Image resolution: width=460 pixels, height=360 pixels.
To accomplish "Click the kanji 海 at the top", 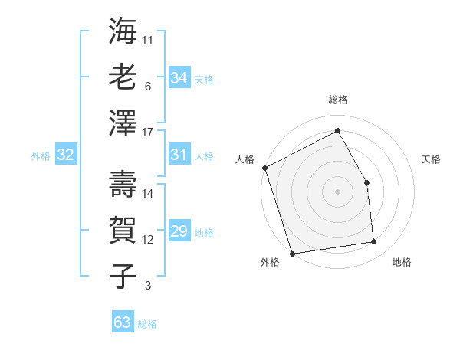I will pos(123,33).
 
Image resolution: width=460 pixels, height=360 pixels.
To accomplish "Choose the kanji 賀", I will pos(123,229).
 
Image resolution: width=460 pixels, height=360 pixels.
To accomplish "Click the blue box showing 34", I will pos(179,78).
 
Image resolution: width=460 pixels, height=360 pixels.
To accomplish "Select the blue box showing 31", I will pos(179,155).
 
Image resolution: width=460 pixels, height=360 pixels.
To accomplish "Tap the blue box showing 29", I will pos(179,232).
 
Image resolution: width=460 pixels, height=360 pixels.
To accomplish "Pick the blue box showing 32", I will pos(66,155).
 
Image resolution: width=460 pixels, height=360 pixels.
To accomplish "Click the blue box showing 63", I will pos(123,322).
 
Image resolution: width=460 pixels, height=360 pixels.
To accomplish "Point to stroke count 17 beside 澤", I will pos(148,132).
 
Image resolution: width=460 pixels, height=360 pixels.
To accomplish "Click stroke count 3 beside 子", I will pos(148,286).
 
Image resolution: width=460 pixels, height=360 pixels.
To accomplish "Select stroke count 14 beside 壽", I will pos(148,194).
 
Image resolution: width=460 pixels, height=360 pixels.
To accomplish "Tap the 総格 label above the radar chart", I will pos(338,100).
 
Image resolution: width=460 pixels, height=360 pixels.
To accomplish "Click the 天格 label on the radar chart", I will pos(432,159).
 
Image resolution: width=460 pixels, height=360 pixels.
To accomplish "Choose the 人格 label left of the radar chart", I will pos(245,159).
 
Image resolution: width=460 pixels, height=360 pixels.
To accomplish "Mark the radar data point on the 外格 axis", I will pos(292,254).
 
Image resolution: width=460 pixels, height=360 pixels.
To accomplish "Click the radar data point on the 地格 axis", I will pos(374,242).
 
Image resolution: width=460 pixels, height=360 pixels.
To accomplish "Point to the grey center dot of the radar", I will pos(338,191).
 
